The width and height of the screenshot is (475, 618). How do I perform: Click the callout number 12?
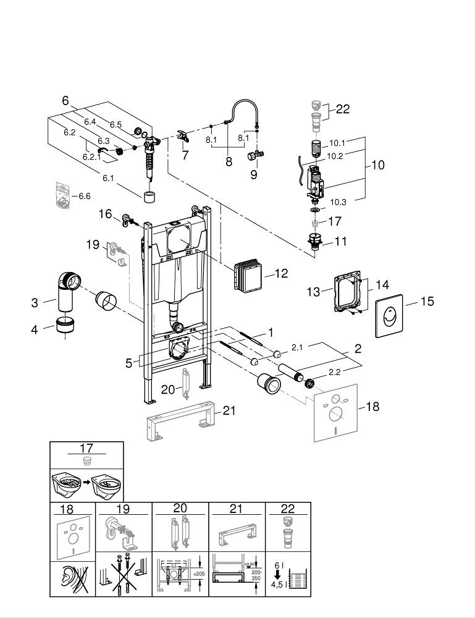[281, 273]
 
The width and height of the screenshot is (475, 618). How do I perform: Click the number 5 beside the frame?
[129, 363]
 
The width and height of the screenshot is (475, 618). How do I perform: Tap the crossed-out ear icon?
[73, 579]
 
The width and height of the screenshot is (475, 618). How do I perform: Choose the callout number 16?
[105, 214]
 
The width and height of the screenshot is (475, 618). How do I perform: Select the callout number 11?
[341, 242]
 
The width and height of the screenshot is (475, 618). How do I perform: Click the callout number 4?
[35, 330]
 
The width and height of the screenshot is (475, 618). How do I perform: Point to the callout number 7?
[185, 156]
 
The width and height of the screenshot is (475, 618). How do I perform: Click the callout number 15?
[427, 302]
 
